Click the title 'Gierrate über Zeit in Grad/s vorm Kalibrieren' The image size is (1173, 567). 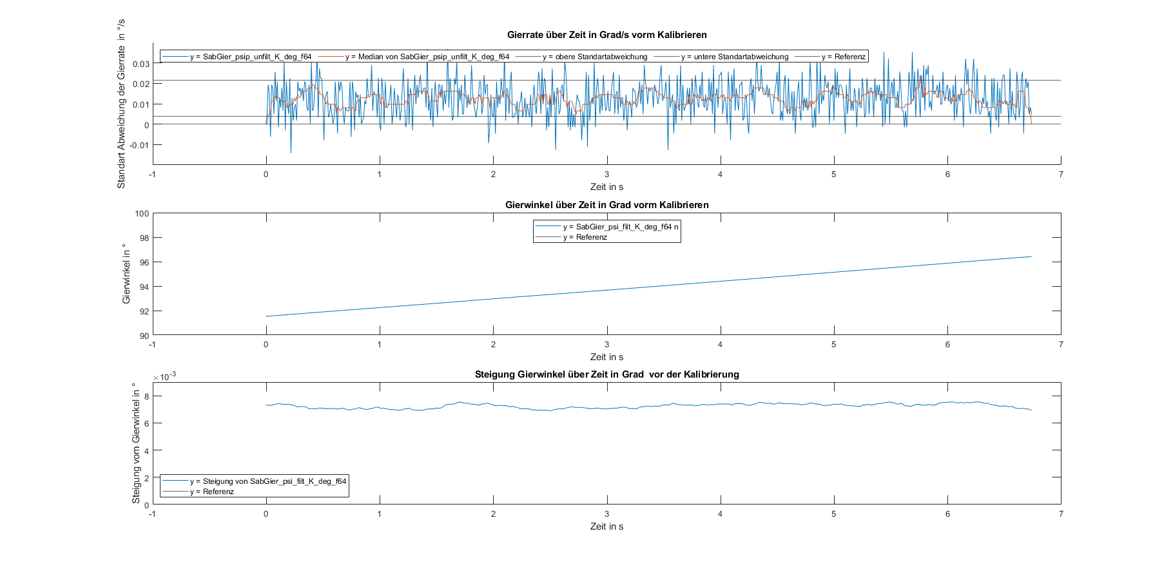coord(606,35)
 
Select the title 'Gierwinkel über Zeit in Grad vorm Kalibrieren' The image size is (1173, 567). coord(606,205)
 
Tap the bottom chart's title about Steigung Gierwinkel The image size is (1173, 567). coord(606,374)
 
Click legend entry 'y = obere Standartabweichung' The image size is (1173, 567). coord(594,57)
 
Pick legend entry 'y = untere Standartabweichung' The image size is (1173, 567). coord(734,57)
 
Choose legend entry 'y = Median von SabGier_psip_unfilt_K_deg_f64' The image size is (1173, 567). coord(427,57)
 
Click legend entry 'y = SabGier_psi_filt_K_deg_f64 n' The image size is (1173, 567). coord(620,227)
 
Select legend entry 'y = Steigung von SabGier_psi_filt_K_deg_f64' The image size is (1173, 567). coord(267,481)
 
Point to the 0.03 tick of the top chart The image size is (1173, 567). coord(141,64)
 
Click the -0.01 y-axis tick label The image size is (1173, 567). coord(139,145)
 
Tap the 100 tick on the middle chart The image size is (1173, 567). coord(142,213)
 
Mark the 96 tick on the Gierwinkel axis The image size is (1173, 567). coord(144,262)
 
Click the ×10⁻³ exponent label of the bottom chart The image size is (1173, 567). coord(164,377)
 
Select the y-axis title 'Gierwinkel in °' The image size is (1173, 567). coord(126,274)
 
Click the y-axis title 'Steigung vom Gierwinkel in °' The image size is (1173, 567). coord(136,443)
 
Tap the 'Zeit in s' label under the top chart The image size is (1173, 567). coord(606,187)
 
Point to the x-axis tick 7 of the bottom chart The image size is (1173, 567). coord(1061,514)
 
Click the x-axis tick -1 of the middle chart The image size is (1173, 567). coord(152,344)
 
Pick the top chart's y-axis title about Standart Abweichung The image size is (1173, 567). coord(121,103)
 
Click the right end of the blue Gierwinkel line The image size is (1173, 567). coord(1031,256)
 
